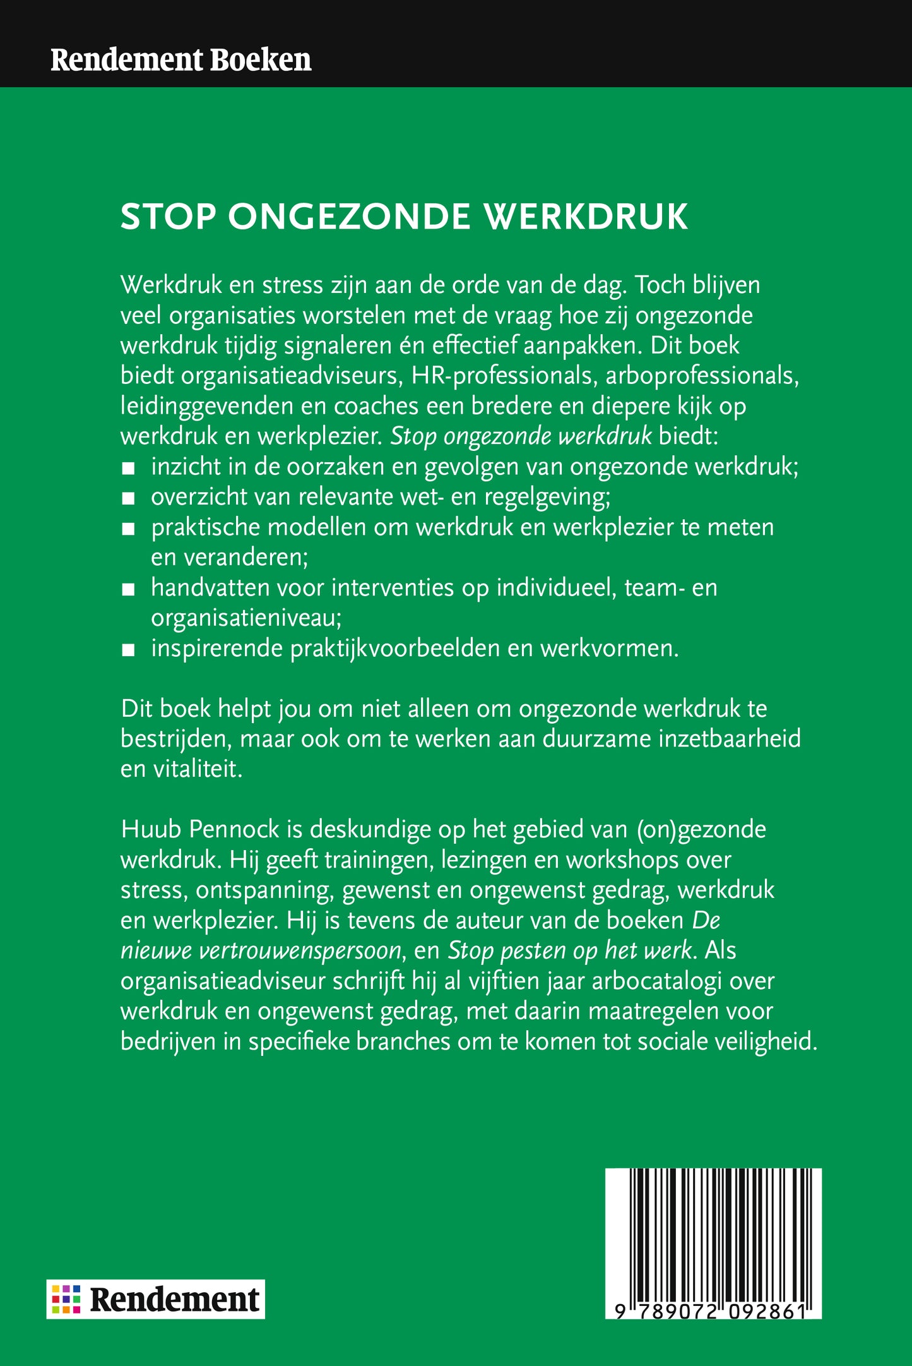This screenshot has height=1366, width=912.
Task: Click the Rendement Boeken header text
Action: (181, 59)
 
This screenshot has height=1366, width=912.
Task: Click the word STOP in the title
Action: (168, 217)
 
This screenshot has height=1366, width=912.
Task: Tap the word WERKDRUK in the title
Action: (586, 217)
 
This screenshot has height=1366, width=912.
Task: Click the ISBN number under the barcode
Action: (711, 1310)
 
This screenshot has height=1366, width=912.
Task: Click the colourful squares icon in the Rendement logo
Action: (66, 1299)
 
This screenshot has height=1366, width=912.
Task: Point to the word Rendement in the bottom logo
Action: (174, 1299)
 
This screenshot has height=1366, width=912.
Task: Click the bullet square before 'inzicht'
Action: (129, 469)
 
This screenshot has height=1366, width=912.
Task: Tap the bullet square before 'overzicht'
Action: (129, 499)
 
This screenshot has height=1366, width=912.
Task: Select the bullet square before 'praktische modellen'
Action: (129, 529)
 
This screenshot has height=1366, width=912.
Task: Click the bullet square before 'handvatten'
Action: (129, 590)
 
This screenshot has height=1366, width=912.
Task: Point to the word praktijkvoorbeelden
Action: (395, 649)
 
